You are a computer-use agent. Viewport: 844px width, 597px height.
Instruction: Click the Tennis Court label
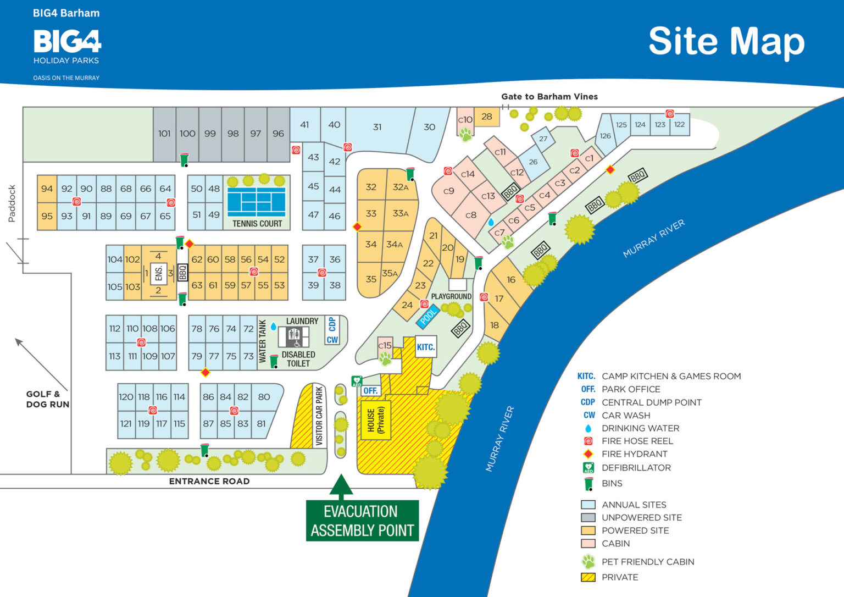tap(257, 224)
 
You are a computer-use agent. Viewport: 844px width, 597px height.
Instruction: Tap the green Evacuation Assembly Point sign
tap(362, 521)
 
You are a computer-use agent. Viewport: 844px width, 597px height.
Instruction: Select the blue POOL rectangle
tap(428, 316)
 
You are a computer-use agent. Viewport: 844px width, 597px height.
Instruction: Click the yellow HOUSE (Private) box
tap(376, 420)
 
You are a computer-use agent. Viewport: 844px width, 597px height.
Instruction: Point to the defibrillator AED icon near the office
tap(357, 381)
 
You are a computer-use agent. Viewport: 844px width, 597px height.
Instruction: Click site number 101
tap(164, 134)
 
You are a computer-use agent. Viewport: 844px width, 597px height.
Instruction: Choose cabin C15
tap(385, 346)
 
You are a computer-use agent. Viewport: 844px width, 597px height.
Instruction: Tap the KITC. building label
tap(425, 347)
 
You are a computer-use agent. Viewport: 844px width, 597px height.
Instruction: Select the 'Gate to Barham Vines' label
tap(549, 97)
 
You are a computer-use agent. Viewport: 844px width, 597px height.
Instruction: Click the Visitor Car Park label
tap(319, 416)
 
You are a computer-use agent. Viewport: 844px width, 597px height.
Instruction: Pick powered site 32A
tap(401, 187)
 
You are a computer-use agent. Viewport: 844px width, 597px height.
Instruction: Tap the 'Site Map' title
tap(726, 42)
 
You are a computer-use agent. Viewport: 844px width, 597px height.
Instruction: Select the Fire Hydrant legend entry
tap(634, 454)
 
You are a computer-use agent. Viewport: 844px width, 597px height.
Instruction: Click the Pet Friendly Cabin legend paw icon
tap(588, 562)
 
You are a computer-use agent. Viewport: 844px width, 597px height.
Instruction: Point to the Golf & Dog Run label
tap(48, 399)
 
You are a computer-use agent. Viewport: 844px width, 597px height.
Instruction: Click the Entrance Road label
tap(209, 481)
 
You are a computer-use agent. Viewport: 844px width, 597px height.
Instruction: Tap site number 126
tap(605, 136)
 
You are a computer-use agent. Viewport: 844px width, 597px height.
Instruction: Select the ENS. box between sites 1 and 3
tap(158, 273)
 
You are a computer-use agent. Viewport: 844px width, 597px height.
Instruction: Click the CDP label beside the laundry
tap(332, 324)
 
